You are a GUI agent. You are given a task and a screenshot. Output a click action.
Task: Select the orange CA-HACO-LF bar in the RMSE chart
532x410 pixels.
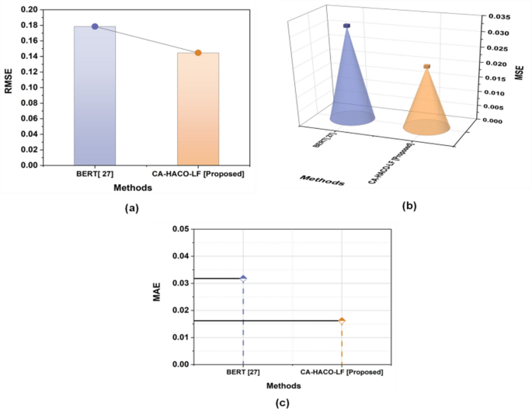(198, 109)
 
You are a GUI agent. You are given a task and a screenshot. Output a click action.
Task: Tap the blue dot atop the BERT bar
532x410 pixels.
(95, 26)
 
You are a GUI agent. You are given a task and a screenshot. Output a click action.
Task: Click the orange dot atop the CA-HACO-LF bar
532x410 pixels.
(198, 53)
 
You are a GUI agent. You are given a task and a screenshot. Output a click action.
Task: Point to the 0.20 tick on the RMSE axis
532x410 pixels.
(28, 9)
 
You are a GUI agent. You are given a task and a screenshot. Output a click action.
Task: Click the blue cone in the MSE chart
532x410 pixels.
(347, 85)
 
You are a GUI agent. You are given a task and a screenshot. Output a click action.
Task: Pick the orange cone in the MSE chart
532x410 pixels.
(426, 105)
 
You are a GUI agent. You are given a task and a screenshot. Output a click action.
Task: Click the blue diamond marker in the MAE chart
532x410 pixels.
(243, 278)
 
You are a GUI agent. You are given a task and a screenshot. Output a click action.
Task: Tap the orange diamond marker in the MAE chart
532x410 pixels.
(341, 321)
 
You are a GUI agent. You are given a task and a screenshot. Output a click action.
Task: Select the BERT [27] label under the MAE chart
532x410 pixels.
(243, 373)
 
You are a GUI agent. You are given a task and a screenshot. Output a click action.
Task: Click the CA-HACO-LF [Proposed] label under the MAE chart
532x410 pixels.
(341, 373)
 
